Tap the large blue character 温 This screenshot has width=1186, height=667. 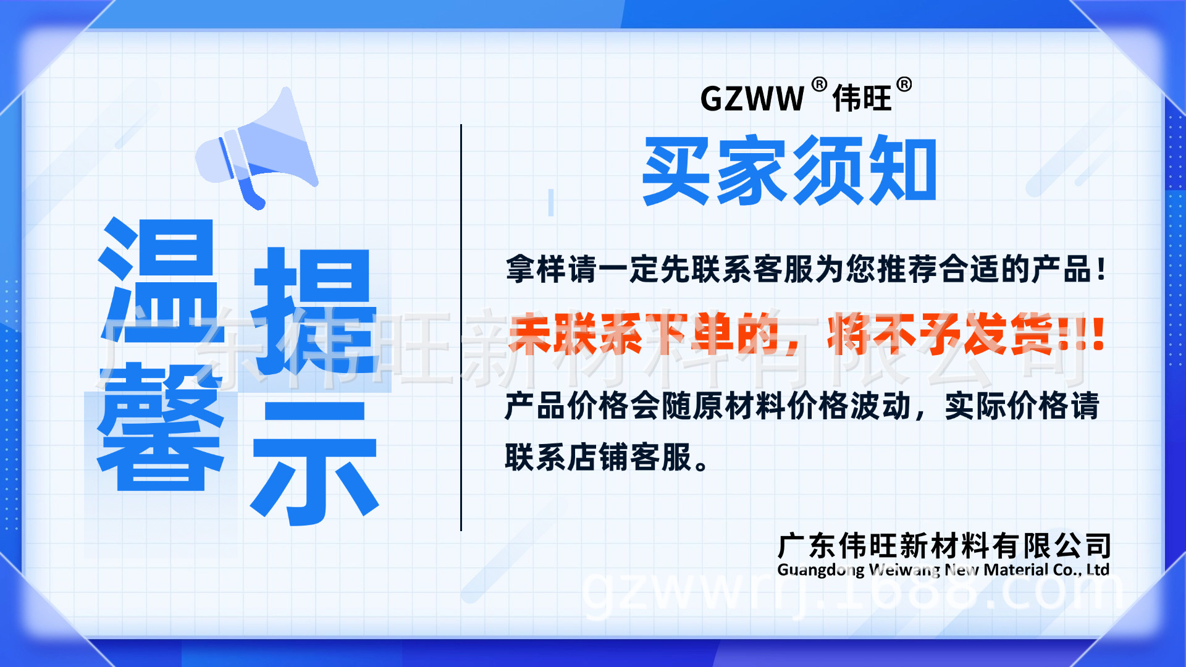159,281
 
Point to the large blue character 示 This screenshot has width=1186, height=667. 314,463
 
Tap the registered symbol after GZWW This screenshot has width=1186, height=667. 819,85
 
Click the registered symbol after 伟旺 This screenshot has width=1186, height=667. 904,85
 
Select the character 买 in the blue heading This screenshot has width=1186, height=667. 676,170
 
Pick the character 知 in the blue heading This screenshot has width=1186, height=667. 902,170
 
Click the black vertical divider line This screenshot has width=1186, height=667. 461,327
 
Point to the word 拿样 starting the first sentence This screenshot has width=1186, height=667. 536,270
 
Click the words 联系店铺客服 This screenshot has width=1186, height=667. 598,458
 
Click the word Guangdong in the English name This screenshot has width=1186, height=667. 820,570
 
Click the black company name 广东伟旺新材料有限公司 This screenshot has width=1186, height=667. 944,546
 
